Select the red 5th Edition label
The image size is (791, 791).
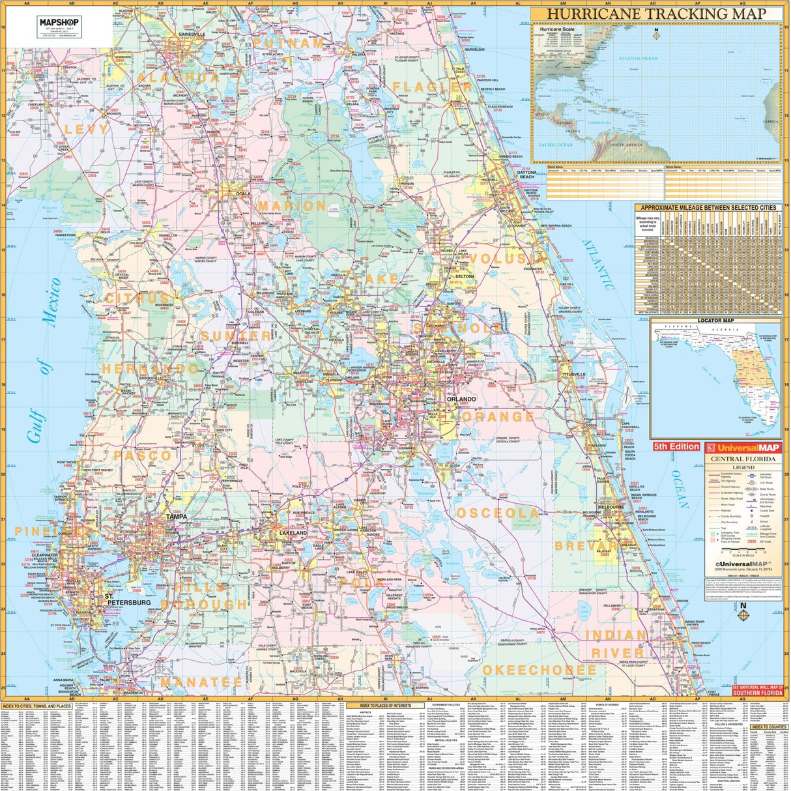tap(676, 446)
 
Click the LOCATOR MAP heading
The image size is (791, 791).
tap(715, 321)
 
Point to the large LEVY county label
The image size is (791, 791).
tap(87, 130)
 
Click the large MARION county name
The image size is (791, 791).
tap(292, 206)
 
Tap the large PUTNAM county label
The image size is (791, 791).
tap(288, 43)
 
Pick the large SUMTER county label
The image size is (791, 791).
tap(236, 336)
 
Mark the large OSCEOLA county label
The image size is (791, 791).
tap(498, 513)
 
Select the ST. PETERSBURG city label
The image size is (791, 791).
tap(128, 599)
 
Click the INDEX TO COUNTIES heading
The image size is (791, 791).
tap(769, 726)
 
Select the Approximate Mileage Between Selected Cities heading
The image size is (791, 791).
tap(709, 208)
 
